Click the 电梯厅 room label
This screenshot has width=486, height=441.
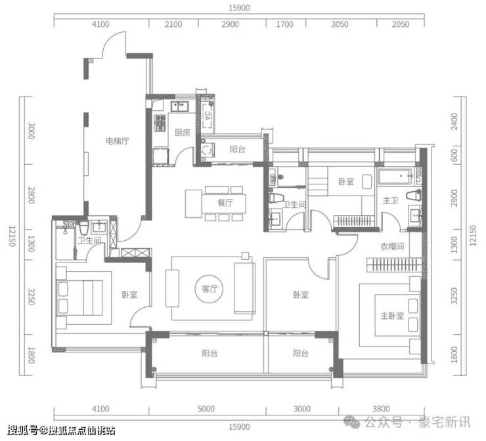pos(117,141)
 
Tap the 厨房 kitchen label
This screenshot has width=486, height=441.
pos(183,133)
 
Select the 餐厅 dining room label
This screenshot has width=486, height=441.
pos(225,203)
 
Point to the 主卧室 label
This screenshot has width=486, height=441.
pos(392,316)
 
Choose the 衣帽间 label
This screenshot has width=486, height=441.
pos(392,247)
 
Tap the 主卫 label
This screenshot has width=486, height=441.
pos(390,201)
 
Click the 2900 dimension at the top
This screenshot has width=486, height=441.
pos(230,24)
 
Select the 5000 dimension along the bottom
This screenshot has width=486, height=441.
pos(206,409)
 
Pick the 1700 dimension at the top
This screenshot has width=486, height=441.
pos(284,24)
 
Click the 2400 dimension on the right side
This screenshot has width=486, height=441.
pos(454,121)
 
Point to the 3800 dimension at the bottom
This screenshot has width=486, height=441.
pos(381,409)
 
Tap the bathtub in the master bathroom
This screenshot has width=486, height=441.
pos(395,177)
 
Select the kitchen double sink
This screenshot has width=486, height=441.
pos(180,106)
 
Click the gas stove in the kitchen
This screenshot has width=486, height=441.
pos(160,123)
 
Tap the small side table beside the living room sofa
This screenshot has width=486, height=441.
pos(245,256)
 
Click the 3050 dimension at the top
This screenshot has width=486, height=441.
pos(340,24)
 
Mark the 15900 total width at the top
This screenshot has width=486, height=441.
pos(239,8)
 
